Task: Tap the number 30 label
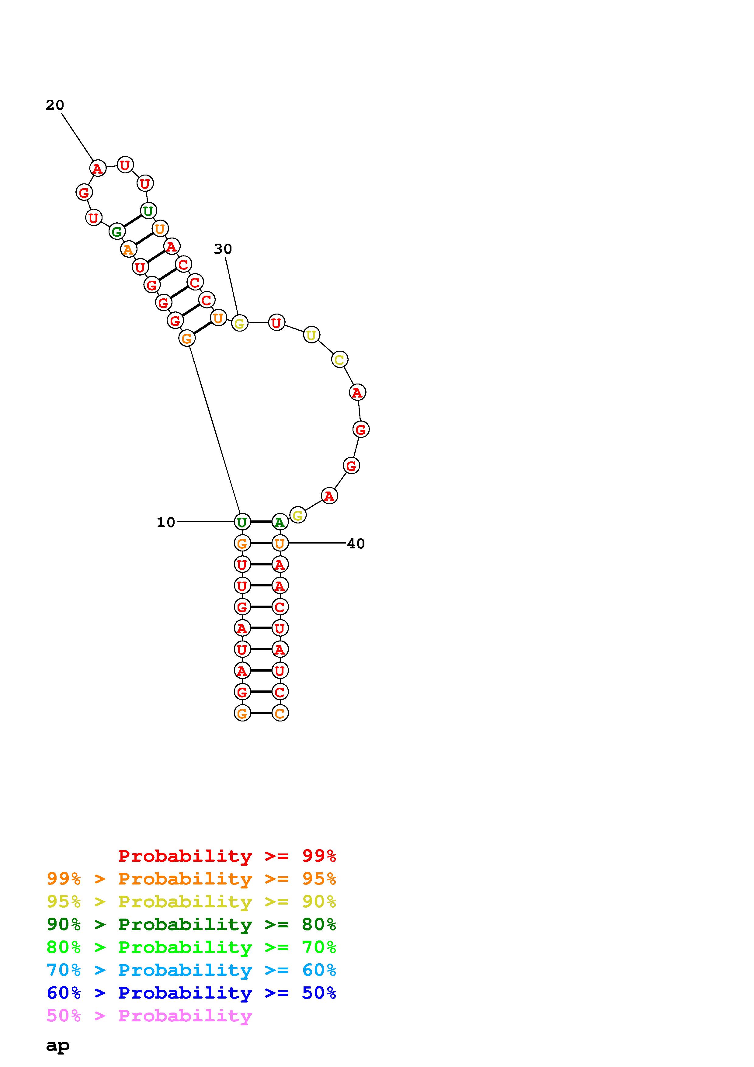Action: pos(223,249)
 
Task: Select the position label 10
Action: pos(166,522)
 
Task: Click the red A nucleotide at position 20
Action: pos(98,168)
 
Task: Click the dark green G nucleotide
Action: pos(116,231)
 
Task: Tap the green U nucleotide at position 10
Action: pos(242,522)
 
